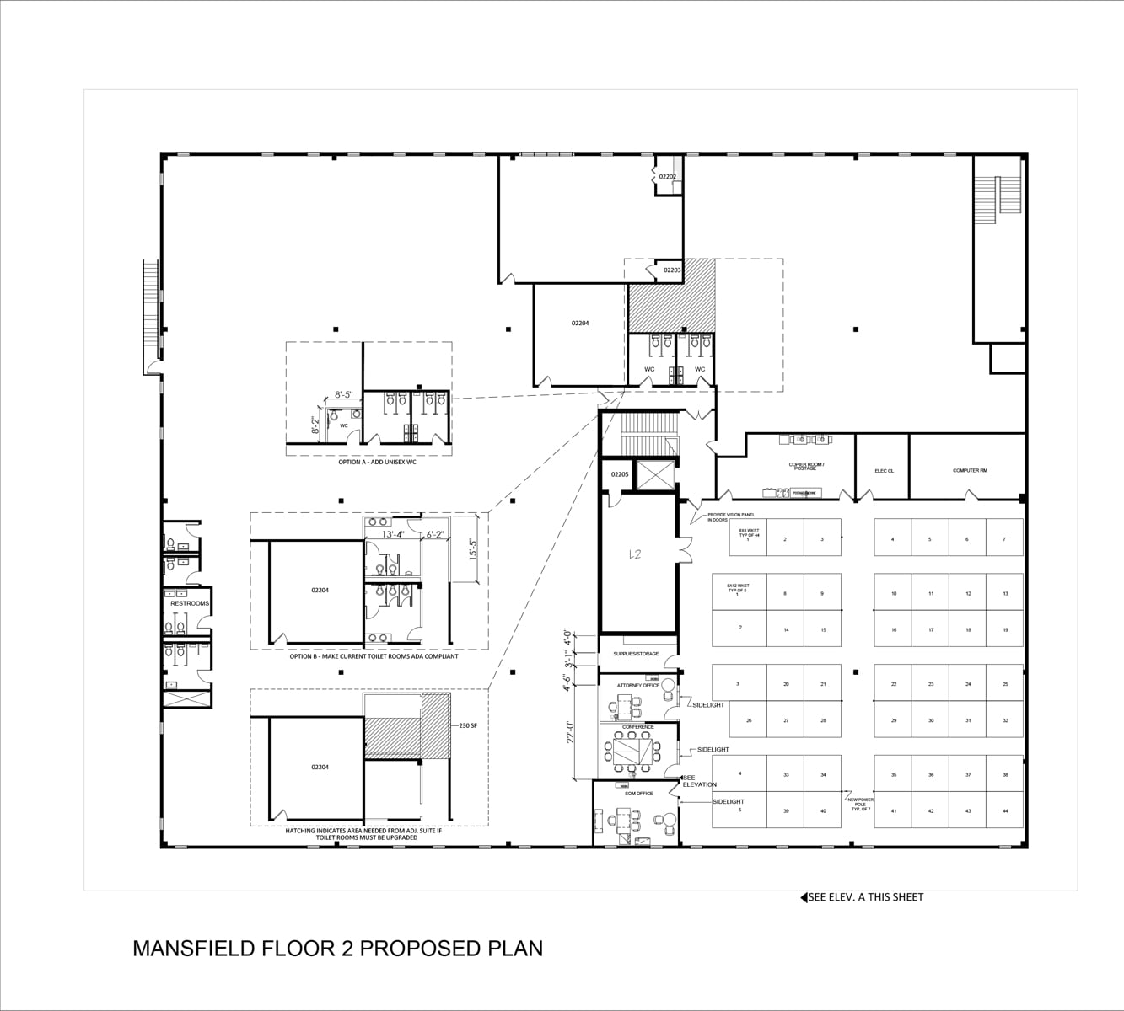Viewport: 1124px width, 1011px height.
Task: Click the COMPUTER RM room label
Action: [x=969, y=470]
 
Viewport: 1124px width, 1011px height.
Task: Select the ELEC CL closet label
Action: [x=884, y=471]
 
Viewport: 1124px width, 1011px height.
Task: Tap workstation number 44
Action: [x=1005, y=810]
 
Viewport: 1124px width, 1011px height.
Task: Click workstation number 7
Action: [x=1003, y=539]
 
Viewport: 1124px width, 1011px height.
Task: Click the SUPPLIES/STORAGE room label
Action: [x=636, y=654]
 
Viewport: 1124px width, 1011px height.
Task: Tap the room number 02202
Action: [x=667, y=177]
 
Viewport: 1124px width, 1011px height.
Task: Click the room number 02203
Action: [x=671, y=270]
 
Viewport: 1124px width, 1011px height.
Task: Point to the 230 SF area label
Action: [x=468, y=725]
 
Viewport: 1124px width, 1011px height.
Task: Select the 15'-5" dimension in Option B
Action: [x=474, y=549]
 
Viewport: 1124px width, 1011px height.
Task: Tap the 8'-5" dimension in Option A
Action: [x=344, y=394]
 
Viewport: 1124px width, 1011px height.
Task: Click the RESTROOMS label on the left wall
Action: [x=189, y=603]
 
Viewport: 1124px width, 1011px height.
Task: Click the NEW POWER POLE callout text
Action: [x=860, y=804]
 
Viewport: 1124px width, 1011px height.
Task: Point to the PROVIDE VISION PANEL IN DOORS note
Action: [x=730, y=516]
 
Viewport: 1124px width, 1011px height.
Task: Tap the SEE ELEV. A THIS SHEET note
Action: [x=864, y=897]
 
